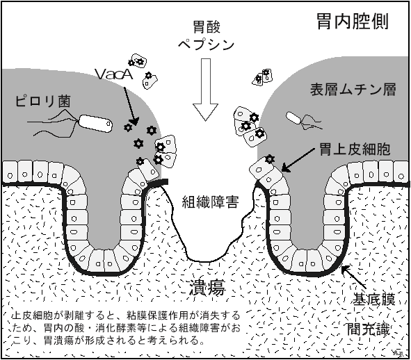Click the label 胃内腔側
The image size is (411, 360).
coord(353,22)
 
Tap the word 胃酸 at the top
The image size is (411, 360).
coord(207,27)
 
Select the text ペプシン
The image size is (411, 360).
coord(206,44)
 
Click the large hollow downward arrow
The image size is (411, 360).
coord(206,90)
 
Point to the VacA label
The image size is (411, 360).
coord(114,74)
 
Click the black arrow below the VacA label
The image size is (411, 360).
coord(131,106)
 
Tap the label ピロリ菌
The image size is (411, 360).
coord(42,101)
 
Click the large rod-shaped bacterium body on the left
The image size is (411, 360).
coord(95,123)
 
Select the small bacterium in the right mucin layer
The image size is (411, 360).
coord(293,118)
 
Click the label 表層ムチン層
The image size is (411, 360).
coord(353,90)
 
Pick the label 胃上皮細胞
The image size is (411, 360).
coord(355,149)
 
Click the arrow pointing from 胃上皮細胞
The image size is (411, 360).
coord(298,160)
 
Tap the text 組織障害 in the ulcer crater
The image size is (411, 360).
coord(210,202)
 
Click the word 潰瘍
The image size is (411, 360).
coord(207,288)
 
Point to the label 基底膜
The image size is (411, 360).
coord(373,299)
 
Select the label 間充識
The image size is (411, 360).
coord(369,329)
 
